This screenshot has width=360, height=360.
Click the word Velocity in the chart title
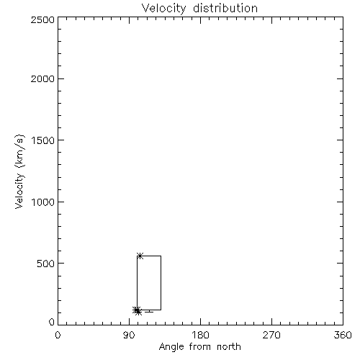[163, 9]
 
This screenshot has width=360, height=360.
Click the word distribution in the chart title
[225, 8]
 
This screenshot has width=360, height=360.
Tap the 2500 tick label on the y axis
[42, 19]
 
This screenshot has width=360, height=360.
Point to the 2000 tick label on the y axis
[42, 78]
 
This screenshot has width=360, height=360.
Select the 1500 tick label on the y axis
[43, 140]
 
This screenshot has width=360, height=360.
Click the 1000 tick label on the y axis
[43, 202]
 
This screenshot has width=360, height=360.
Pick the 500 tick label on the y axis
[46, 264]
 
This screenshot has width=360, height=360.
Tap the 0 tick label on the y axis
[52, 322]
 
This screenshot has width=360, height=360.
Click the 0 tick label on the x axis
[58, 335]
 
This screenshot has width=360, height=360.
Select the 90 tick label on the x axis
[129, 335]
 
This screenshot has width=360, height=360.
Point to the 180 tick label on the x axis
[200, 335]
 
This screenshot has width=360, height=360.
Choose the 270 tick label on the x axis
[271, 335]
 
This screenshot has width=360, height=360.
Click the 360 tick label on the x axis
[343, 335]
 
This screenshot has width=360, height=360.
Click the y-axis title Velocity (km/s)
[19, 171]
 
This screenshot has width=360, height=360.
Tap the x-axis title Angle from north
[200, 347]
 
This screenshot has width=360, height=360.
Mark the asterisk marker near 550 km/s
[140, 256]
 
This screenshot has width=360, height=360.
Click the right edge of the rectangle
[161, 283]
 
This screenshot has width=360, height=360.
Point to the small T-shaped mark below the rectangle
[149, 311]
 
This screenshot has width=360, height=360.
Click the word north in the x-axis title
[229, 346]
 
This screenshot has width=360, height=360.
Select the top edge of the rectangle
[149, 256]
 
